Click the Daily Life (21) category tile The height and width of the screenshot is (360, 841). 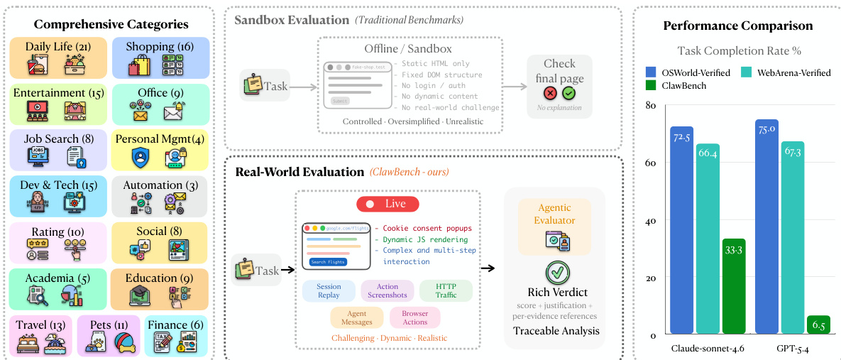57,58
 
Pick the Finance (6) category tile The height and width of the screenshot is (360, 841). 174,336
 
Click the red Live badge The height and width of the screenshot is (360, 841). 387,204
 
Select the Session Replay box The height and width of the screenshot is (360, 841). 329,291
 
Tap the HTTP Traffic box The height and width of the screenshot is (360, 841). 445,291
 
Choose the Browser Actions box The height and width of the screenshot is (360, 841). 414,317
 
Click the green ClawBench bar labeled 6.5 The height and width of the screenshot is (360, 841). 818,324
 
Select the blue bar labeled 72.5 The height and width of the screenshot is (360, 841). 681,230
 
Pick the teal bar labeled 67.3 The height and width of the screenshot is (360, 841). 792,238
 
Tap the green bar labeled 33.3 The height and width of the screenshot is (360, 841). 733,286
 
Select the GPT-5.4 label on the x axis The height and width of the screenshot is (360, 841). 792,349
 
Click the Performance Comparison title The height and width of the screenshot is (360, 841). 737,26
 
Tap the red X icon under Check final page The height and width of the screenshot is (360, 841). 550,94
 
